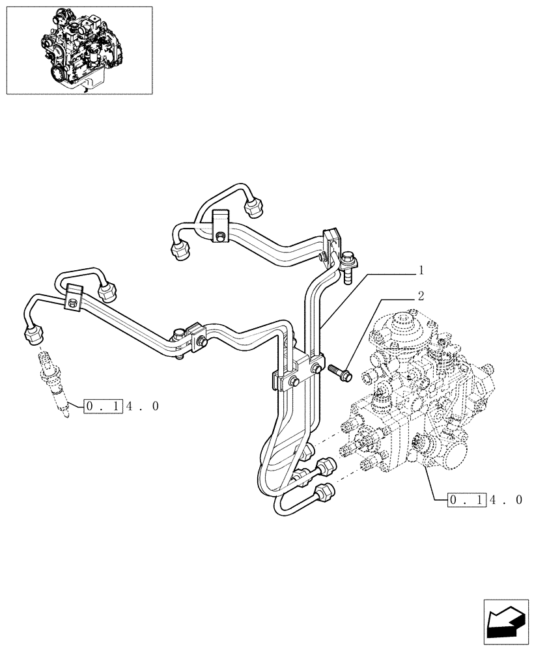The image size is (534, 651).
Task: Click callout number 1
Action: click(x=421, y=270)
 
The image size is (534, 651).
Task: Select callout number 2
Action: click(x=421, y=296)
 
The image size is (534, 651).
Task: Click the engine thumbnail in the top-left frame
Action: click(x=79, y=50)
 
